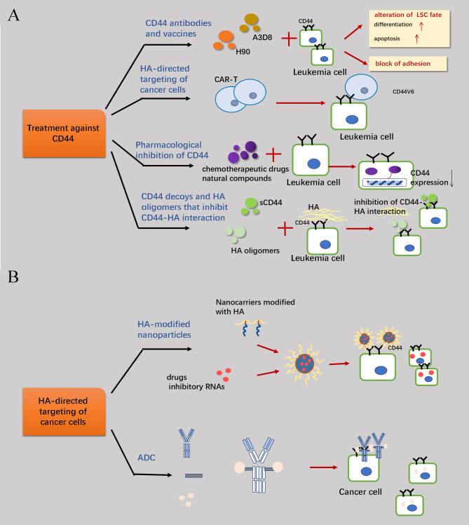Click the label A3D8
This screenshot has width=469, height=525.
pos(262,41)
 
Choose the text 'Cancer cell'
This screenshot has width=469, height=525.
pos(360,491)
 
